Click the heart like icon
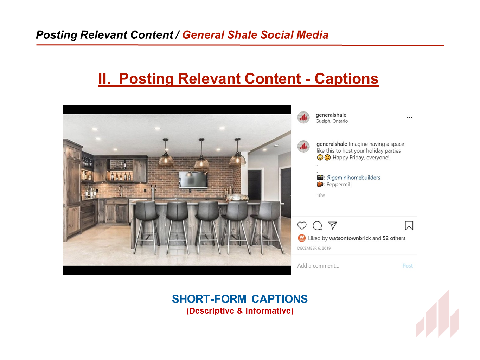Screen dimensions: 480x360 pyautogui.click(x=302, y=226)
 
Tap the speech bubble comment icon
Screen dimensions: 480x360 pyautogui.click(x=317, y=226)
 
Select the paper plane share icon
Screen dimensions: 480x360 pyautogui.click(x=332, y=225)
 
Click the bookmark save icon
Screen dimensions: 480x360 pyautogui.click(x=409, y=226)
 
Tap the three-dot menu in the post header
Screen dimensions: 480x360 pyautogui.click(x=409, y=117)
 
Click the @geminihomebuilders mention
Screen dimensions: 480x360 pyautogui.click(x=353, y=178)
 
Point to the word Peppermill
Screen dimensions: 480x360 pyautogui.click(x=339, y=184)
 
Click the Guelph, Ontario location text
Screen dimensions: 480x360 pyautogui.click(x=332, y=121)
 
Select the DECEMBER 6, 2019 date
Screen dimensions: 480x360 pyautogui.click(x=314, y=248)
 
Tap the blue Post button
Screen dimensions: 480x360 pyautogui.click(x=408, y=265)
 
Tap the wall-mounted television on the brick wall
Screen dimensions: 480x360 pyautogui.click(x=193, y=179)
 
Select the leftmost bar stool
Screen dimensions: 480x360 pyautogui.click(x=146, y=227)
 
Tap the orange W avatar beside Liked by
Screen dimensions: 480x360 pyautogui.click(x=302, y=238)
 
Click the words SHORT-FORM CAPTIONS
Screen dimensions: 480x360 pyautogui.click(x=240, y=299)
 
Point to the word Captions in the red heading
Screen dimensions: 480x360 pyautogui.click(x=346, y=79)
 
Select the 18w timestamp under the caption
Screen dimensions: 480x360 pyautogui.click(x=321, y=195)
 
